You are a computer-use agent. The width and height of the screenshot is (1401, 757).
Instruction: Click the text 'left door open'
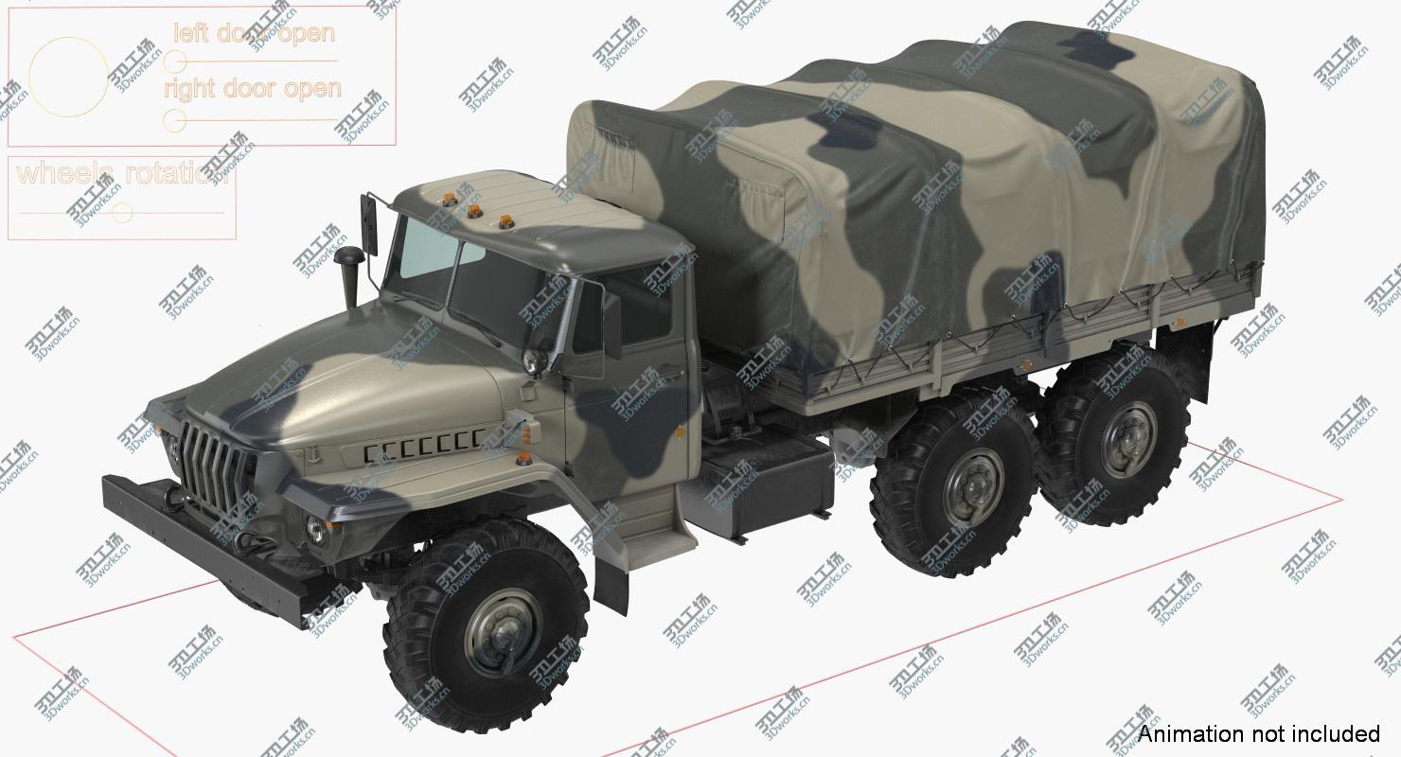coord(254,33)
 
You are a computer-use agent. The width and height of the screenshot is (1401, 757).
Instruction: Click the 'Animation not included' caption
coord(1258,733)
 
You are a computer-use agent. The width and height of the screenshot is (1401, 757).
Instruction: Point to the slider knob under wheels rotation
coord(120,213)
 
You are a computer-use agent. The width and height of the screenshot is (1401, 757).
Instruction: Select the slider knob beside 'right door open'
coord(174,120)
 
